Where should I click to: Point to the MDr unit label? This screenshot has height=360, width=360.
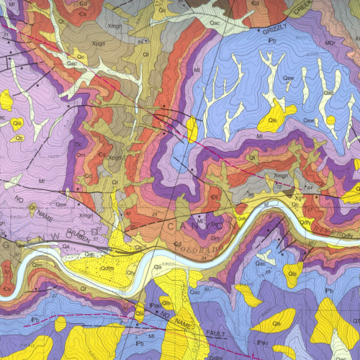tap(330, 44)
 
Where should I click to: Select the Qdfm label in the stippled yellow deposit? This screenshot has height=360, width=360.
tap(107, 269)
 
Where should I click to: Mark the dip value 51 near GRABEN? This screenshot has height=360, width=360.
tap(94, 246)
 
